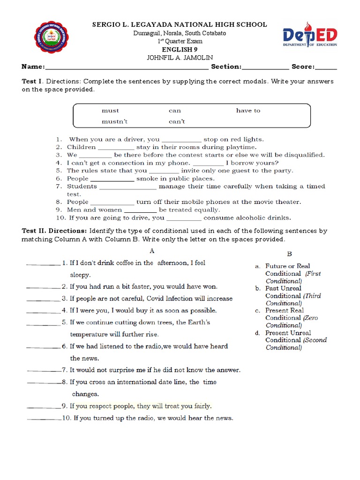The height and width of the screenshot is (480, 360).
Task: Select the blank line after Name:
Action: click(x=127, y=67)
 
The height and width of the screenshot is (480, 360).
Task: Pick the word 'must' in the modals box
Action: click(x=110, y=111)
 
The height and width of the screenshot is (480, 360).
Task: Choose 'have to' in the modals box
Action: click(x=248, y=111)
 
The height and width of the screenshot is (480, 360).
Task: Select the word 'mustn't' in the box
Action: click(x=114, y=121)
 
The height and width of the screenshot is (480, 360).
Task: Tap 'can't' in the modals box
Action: click(x=177, y=121)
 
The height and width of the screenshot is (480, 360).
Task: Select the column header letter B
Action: click(x=289, y=254)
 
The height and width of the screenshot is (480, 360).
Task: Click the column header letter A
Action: click(x=152, y=251)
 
